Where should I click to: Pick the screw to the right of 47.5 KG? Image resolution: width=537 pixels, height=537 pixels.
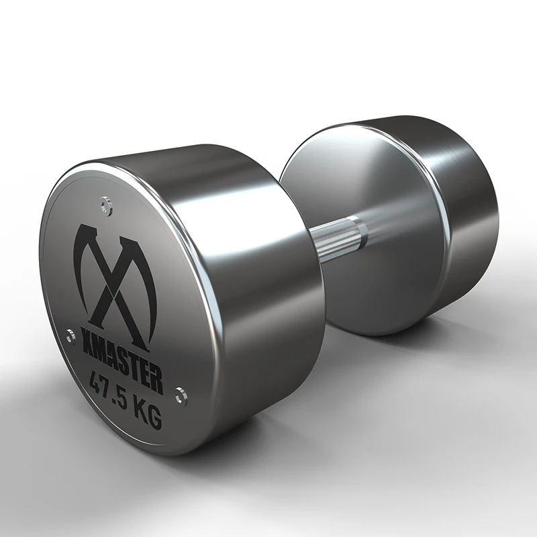tap(180, 395)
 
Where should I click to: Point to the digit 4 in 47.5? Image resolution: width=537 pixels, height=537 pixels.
tap(96, 384)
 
